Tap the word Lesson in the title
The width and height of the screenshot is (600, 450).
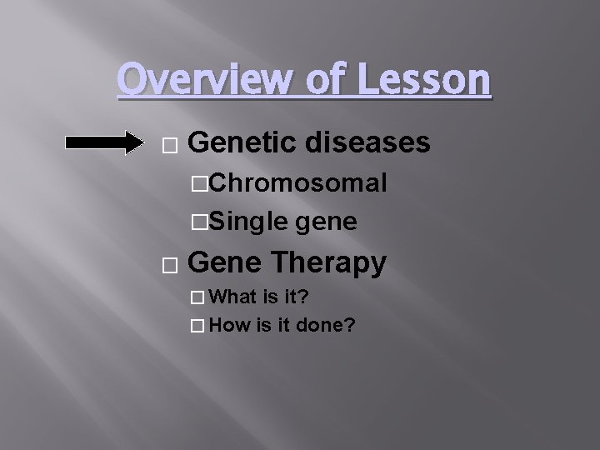[x=423, y=80]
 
